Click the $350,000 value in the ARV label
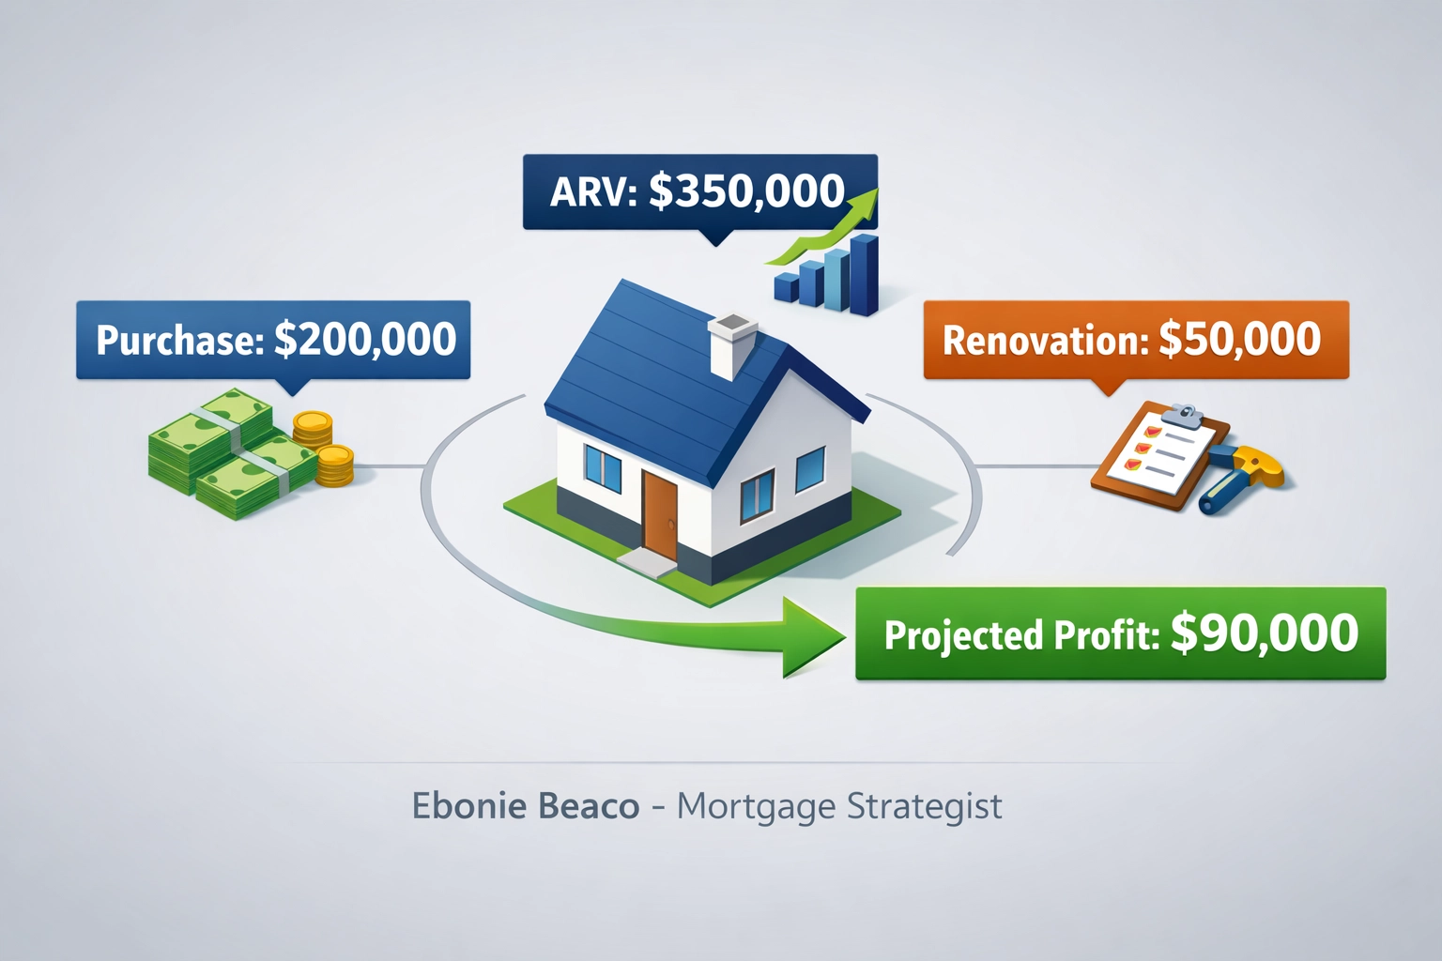(x=746, y=191)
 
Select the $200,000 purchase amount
(x=365, y=339)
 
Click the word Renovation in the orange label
(x=1045, y=341)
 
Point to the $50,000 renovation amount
(x=1239, y=339)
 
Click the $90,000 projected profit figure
(x=1264, y=633)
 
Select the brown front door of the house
(x=659, y=512)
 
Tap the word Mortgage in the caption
(x=756, y=806)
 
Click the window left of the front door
(x=602, y=467)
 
